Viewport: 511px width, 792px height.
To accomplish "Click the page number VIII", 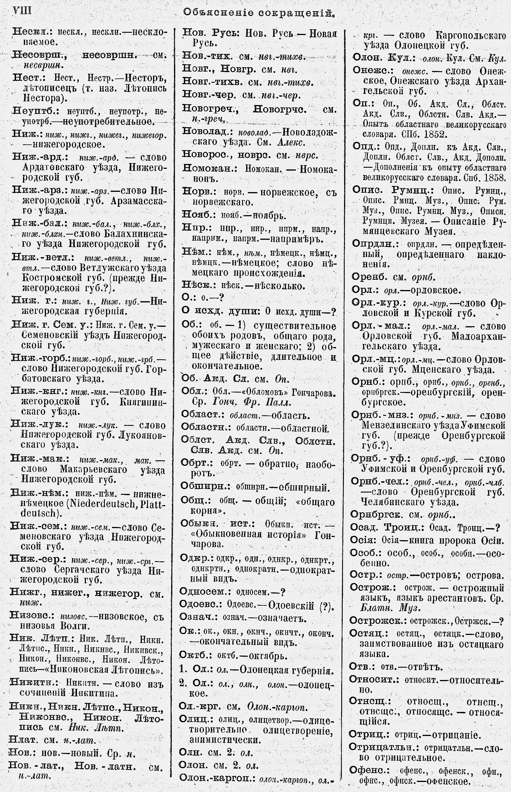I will pos(22,11).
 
